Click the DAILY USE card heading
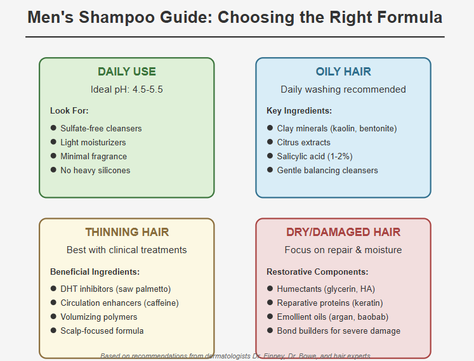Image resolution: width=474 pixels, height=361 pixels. pyautogui.click(x=127, y=72)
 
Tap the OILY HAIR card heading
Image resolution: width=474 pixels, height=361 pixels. pyautogui.click(x=343, y=72)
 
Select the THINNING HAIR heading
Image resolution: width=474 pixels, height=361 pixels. pyautogui.click(x=127, y=232)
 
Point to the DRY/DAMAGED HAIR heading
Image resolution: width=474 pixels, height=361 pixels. pyautogui.click(x=343, y=232)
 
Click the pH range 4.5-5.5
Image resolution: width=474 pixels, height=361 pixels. pyautogui.click(x=147, y=89)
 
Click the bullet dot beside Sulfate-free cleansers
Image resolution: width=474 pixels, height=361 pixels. pyautogui.click(x=53, y=128)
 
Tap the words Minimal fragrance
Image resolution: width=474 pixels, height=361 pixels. pyautogui.click(x=94, y=156)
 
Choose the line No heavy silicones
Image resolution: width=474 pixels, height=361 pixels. pyautogui.click(x=95, y=170)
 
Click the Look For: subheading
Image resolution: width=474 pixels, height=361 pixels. pyautogui.click(x=69, y=110)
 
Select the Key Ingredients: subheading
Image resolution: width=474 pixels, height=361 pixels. pyautogui.click(x=299, y=110)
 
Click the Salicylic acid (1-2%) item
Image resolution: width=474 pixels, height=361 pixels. pyautogui.click(x=315, y=156)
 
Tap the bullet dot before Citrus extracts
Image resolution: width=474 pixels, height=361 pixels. pyautogui.click(x=270, y=142)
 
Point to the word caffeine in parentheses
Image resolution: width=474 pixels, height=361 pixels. pyautogui.click(x=162, y=303)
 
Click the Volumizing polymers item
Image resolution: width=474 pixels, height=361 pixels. pyautogui.click(x=99, y=317)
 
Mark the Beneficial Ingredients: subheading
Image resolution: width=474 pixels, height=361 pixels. pyautogui.click(x=95, y=272)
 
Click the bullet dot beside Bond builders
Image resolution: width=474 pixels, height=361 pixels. pyautogui.click(x=270, y=330)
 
